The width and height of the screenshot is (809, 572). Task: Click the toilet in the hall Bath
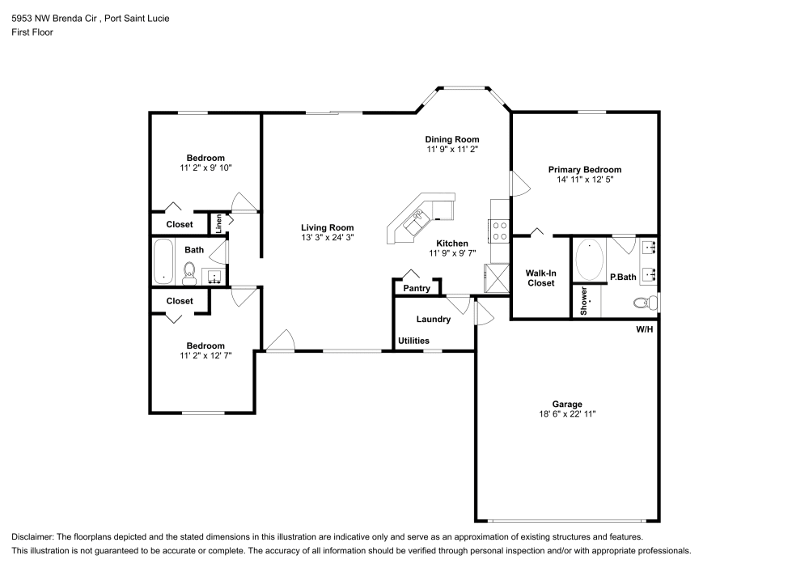tap(190, 272)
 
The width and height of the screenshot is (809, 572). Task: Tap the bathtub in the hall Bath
tap(164, 261)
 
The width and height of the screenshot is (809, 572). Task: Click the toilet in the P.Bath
tap(644, 303)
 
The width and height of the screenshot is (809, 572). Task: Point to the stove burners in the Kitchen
tap(499, 231)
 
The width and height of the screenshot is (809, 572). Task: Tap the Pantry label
tap(417, 288)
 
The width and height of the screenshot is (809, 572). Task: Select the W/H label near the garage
tap(644, 329)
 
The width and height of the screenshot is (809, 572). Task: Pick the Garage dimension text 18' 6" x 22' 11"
tap(567, 413)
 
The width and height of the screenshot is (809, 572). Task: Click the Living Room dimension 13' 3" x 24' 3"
tap(327, 238)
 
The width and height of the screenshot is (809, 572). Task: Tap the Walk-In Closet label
tap(541, 278)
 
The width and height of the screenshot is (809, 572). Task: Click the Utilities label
tap(413, 341)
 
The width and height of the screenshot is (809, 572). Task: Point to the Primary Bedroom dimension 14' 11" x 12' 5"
tap(585, 180)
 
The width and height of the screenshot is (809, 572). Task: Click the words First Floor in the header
tap(32, 32)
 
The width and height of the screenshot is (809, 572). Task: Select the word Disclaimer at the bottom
tap(33, 537)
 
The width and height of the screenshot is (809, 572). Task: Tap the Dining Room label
tap(452, 139)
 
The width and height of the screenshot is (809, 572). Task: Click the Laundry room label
tap(434, 319)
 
